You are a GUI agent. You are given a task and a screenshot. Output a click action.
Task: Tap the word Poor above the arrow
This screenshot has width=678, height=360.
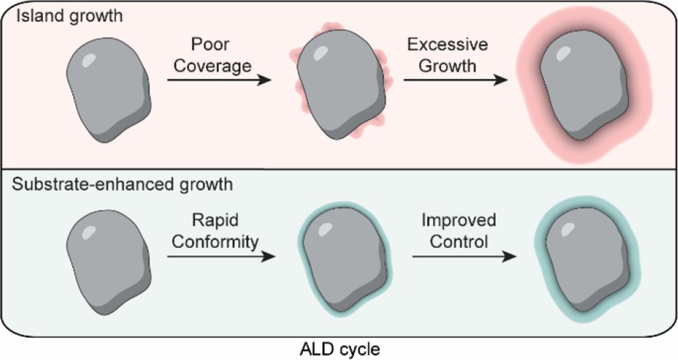pyautogui.click(x=210, y=44)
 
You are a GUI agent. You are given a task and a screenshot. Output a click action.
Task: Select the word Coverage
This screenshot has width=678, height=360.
pyautogui.click(x=212, y=66)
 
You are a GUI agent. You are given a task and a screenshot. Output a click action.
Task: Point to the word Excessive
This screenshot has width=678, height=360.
pyautogui.click(x=447, y=44)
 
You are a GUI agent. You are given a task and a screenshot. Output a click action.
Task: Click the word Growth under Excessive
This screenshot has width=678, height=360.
pyautogui.click(x=447, y=66)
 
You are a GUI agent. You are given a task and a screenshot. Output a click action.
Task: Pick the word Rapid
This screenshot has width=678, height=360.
pyautogui.click(x=215, y=220)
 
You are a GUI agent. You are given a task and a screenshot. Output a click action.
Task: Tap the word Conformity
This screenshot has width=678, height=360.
pyautogui.click(x=215, y=241)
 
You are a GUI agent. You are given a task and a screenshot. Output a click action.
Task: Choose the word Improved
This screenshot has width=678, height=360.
pyautogui.click(x=459, y=220)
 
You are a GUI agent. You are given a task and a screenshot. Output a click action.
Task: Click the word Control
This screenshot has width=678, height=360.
pyautogui.click(x=459, y=241)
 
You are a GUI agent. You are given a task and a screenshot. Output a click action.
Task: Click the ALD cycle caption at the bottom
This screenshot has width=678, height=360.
pyautogui.click(x=340, y=349)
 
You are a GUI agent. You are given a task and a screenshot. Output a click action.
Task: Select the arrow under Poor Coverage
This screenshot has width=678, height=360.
pyautogui.click(x=219, y=80)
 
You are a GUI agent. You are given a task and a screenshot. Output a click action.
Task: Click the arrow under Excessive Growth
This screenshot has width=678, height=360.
pyautogui.click(x=456, y=80)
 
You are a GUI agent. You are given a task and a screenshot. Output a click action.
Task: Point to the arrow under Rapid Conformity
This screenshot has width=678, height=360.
pyautogui.click(x=222, y=257)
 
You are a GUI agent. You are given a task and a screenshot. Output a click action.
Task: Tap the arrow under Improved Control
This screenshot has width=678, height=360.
pyautogui.click(x=464, y=257)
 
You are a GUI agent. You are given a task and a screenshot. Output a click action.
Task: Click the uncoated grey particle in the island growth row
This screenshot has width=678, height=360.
pyautogui.click(x=108, y=89)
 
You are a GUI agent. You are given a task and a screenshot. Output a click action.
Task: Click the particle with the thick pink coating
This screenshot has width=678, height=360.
pyautogui.click(x=584, y=86)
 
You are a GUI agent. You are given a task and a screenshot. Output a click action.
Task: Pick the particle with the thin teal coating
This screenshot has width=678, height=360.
pyautogui.click(x=344, y=258)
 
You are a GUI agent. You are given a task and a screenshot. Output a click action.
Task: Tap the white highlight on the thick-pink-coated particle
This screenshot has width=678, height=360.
pyautogui.click(x=563, y=53)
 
